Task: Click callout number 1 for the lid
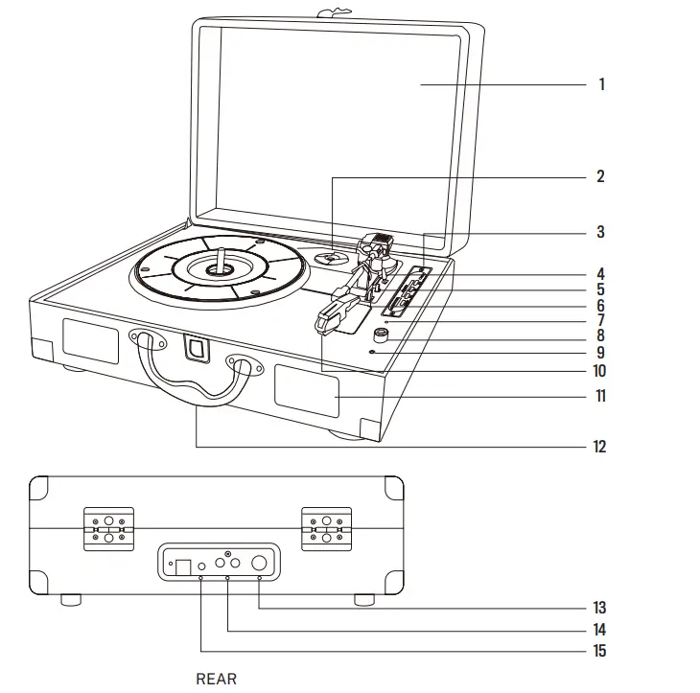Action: pos(601,84)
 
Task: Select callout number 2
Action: pos(600,176)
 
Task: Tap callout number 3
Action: pos(600,232)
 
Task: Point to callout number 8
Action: pos(600,335)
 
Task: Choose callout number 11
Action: pos(600,396)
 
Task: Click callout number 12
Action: pos(600,447)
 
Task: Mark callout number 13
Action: pos(600,608)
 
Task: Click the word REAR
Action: pos(216,679)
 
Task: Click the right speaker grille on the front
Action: pos(307,390)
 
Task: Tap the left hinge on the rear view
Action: pos(108,527)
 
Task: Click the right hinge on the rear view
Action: pos(326,527)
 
